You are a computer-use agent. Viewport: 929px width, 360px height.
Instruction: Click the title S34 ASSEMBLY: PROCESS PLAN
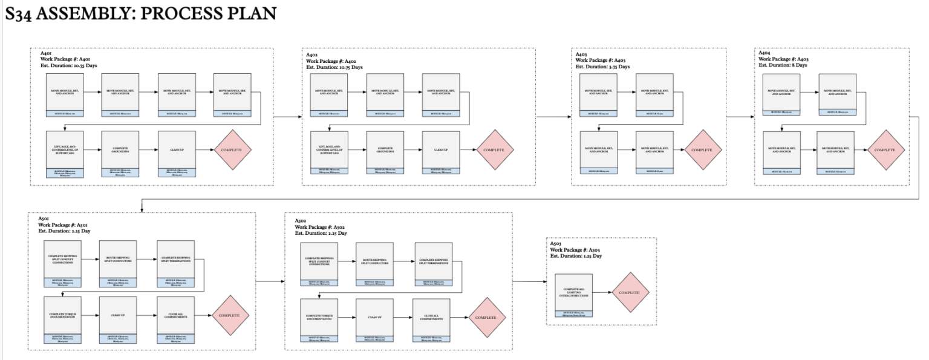tap(140, 14)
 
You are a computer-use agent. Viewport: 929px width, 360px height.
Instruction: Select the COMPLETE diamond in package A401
tap(232, 149)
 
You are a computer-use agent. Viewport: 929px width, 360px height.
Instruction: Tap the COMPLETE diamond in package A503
tap(630, 292)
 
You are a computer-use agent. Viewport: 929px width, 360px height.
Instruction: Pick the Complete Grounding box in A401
tap(120, 149)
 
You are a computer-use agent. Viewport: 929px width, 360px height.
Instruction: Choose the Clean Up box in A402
tap(440, 149)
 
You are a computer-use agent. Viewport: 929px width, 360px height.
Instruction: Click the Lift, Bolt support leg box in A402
tap(329, 149)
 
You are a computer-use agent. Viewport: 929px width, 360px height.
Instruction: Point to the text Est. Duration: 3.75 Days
tap(602, 67)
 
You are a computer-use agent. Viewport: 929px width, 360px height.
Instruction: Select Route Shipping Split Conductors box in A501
tap(118, 260)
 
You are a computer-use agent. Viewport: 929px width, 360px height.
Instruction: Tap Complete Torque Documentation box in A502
tap(319, 318)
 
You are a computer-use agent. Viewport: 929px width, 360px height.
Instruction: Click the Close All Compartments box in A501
tap(175, 315)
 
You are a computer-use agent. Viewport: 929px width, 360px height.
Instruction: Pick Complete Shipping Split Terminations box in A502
tap(432, 261)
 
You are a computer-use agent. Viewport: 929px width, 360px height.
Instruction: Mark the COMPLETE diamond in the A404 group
tap(886, 149)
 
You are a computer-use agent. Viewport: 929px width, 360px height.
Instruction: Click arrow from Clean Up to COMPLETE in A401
tap(204, 149)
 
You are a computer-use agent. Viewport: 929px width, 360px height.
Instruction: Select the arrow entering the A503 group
tap(529, 282)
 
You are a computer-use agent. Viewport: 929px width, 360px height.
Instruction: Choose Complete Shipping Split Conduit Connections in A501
tap(62, 260)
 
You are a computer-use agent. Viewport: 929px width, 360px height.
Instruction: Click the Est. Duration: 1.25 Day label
tap(576, 256)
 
